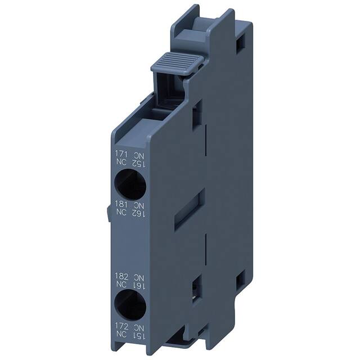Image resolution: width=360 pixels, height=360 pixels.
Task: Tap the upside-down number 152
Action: [138, 163]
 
